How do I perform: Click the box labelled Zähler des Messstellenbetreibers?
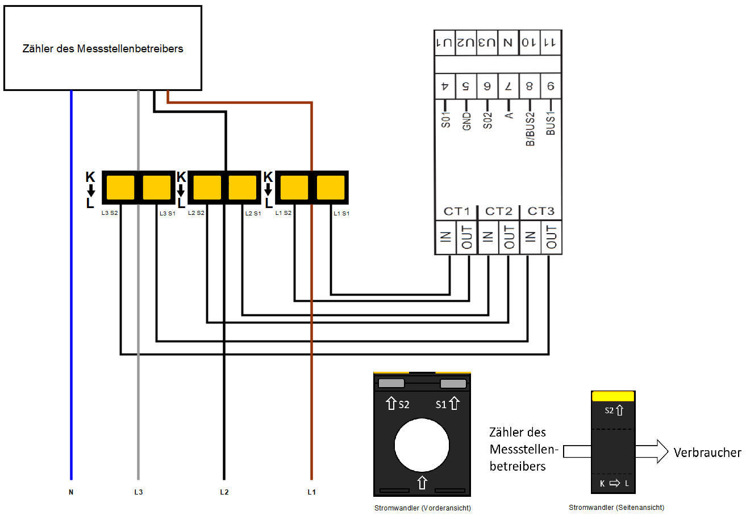pyautogui.click(x=103, y=48)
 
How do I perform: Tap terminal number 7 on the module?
pyautogui.click(x=508, y=87)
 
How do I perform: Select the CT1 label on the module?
pyautogui.click(x=456, y=211)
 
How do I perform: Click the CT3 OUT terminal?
pyautogui.click(x=550, y=237)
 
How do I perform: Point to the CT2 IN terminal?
pyautogui.click(x=487, y=237)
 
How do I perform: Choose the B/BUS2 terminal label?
pyautogui.click(x=530, y=128)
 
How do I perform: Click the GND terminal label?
pyautogui.click(x=466, y=121)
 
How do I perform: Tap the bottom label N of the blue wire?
pyautogui.click(x=71, y=492)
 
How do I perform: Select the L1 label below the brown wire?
pyautogui.click(x=311, y=492)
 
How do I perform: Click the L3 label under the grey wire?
pyautogui.click(x=138, y=492)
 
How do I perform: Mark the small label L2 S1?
pyautogui.click(x=253, y=213)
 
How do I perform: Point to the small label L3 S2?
pyautogui.click(x=110, y=213)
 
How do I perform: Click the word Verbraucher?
pyautogui.click(x=707, y=453)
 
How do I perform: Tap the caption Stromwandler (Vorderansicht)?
pyautogui.click(x=423, y=508)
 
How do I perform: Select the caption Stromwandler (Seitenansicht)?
pyautogui.click(x=616, y=508)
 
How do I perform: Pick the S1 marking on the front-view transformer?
pyautogui.click(x=441, y=404)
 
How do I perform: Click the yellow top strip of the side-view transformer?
pyautogui.click(x=613, y=396)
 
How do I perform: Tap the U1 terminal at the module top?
pyautogui.click(x=445, y=42)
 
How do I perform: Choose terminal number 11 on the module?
pyautogui.click(x=550, y=42)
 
